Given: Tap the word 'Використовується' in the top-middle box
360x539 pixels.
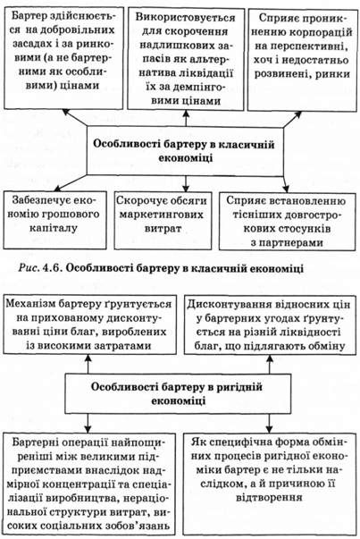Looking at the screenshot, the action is pos(185,17).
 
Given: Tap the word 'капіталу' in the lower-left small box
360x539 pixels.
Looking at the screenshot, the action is pos(54,228).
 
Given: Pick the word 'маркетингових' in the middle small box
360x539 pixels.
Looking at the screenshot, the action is pos(161,215).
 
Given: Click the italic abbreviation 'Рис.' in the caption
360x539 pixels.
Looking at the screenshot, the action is pos(29,268).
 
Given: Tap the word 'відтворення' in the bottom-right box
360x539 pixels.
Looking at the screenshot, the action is pos(269,497).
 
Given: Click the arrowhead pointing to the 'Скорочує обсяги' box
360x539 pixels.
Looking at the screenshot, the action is pos(186,188).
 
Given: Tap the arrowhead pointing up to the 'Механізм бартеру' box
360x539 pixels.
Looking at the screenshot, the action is pos(88,358).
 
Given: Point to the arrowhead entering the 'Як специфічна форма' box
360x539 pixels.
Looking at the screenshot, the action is pos(269,429).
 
